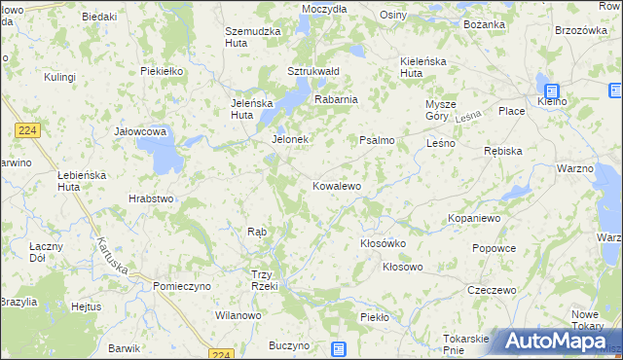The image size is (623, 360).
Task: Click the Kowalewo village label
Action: [x=337, y=185]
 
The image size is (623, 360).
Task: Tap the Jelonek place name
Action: [x=289, y=139]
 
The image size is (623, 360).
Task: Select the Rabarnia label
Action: [x=336, y=99]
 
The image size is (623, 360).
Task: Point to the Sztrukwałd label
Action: [x=312, y=71]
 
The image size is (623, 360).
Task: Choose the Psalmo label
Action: [x=378, y=140]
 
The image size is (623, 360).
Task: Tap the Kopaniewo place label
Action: [x=474, y=219]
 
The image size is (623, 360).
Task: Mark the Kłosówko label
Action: [x=383, y=243]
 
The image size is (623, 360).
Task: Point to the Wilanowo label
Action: [x=238, y=316]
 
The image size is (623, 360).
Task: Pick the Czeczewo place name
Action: [x=492, y=290]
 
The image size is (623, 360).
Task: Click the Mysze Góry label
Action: [x=441, y=109]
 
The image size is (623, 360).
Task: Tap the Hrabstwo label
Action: [x=151, y=198]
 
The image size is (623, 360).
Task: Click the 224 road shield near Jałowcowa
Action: [x=27, y=129]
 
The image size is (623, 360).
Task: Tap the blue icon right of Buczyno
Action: [x=338, y=349]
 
